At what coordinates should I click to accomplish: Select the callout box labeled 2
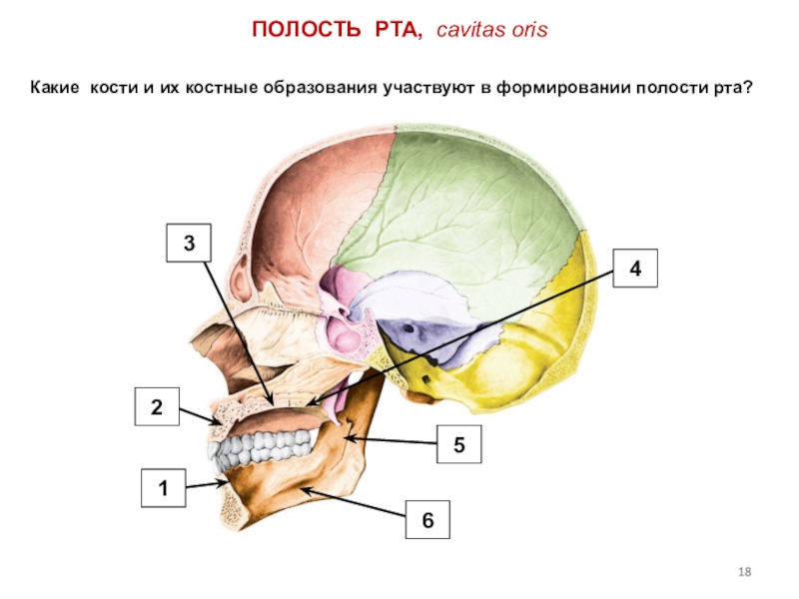pyautogui.click(x=156, y=407)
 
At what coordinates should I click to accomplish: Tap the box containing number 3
pyautogui.click(x=187, y=243)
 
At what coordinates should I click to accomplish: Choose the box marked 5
pyautogui.click(x=458, y=443)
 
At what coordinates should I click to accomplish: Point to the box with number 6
pyautogui.click(x=427, y=521)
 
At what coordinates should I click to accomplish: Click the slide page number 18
pyautogui.click(x=743, y=572)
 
